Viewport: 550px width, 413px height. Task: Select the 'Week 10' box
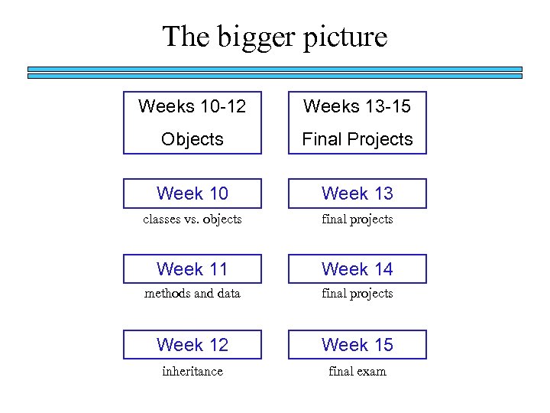192,193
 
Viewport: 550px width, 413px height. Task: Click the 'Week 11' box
192,269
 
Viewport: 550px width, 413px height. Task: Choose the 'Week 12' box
192,345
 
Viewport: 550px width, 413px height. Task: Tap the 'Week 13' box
357,193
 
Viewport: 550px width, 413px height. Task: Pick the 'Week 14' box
357,269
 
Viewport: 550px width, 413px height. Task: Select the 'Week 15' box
357,345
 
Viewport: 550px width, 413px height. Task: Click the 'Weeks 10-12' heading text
192,106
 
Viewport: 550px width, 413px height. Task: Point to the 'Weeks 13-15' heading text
357,106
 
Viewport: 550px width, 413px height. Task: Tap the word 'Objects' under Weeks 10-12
192,139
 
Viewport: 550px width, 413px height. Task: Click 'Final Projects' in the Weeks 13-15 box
357,139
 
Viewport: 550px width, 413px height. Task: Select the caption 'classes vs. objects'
192,220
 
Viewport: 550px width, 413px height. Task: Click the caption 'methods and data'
192,294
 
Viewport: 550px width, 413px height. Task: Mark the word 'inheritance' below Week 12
192,372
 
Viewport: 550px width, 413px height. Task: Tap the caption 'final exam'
357,372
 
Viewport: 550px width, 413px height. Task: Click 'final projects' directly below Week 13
357,220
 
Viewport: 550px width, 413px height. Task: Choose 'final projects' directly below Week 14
357,294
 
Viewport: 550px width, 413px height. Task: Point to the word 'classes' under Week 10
162,220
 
